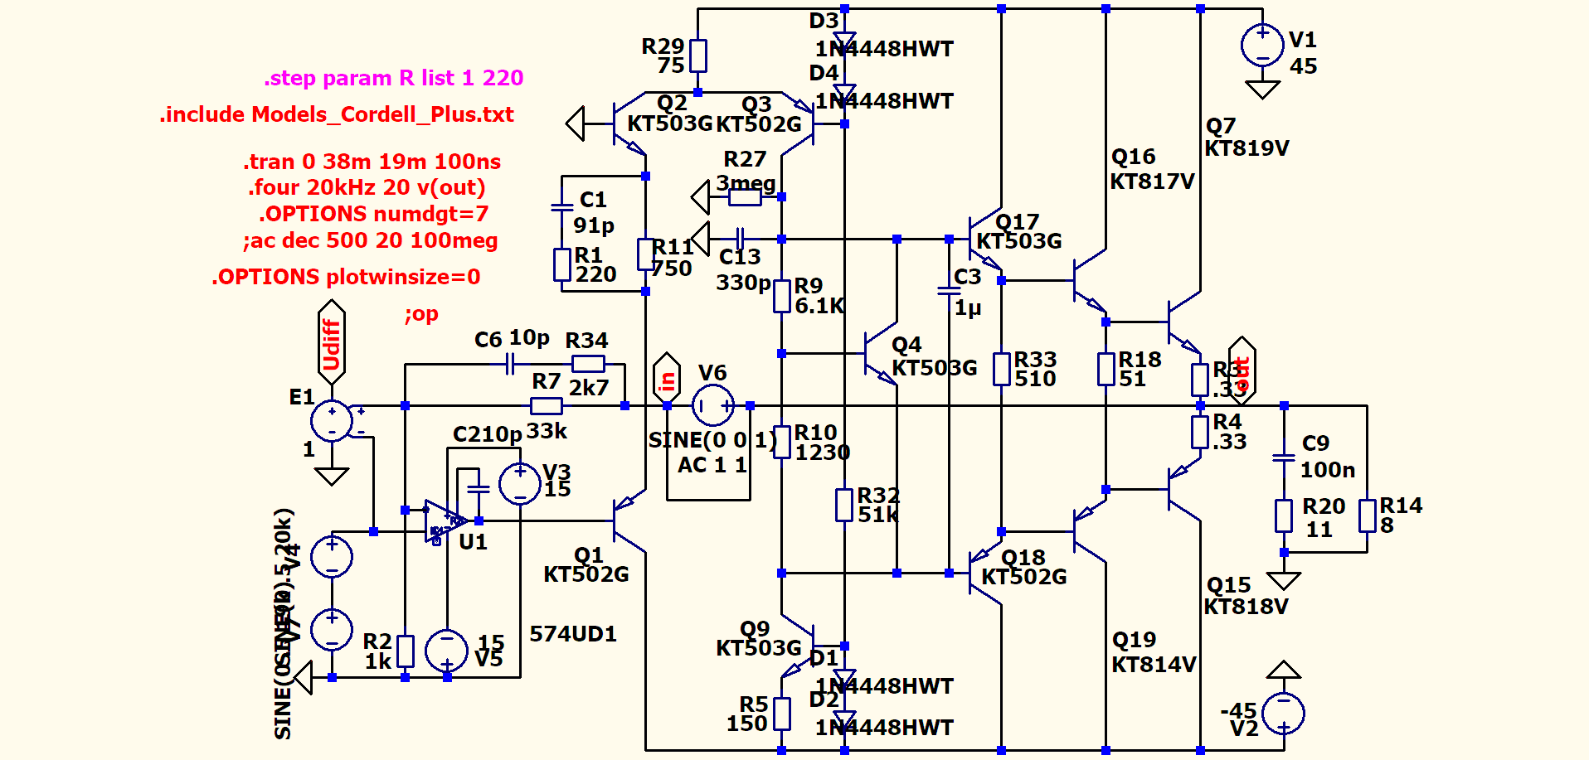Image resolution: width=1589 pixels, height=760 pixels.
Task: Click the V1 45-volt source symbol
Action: [x=1262, y=45]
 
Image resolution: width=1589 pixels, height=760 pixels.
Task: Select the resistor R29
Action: [x=698, y=56]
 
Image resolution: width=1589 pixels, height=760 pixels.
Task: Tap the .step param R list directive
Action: [x=394, y=78]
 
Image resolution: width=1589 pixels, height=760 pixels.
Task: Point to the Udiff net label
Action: [x=332, y=343]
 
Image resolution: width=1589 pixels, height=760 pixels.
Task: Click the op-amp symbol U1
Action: [x=443, y=521]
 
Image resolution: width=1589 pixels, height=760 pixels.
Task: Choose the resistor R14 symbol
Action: [x=1368, y=516]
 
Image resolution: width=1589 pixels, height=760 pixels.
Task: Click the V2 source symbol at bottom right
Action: [x=1284, y=713]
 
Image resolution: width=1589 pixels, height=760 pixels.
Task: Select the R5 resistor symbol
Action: [x=781, y=714]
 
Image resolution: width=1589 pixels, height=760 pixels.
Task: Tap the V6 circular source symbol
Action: [x=712, y=406]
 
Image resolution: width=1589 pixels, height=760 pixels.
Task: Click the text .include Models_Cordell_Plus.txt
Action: [x=337, y=114]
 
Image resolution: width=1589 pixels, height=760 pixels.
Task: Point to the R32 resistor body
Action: [x=844, y=505]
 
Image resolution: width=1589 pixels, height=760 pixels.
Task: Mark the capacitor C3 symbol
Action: [x=949, y=291]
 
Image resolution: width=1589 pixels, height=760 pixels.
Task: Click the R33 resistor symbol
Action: [x=1002, y=369]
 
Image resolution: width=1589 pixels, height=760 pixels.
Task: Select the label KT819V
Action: [x=1246, y=148]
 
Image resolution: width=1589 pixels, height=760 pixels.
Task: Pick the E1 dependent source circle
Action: [x=332, y=420]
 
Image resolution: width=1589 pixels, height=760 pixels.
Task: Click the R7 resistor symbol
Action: [x=546, y=406]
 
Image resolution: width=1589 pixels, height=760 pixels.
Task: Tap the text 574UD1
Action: [x=573, y=634]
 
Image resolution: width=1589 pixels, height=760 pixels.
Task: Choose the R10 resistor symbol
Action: [x=781, y=443]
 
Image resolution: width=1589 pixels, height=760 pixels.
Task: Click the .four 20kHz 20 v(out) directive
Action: [x=367, y=187]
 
